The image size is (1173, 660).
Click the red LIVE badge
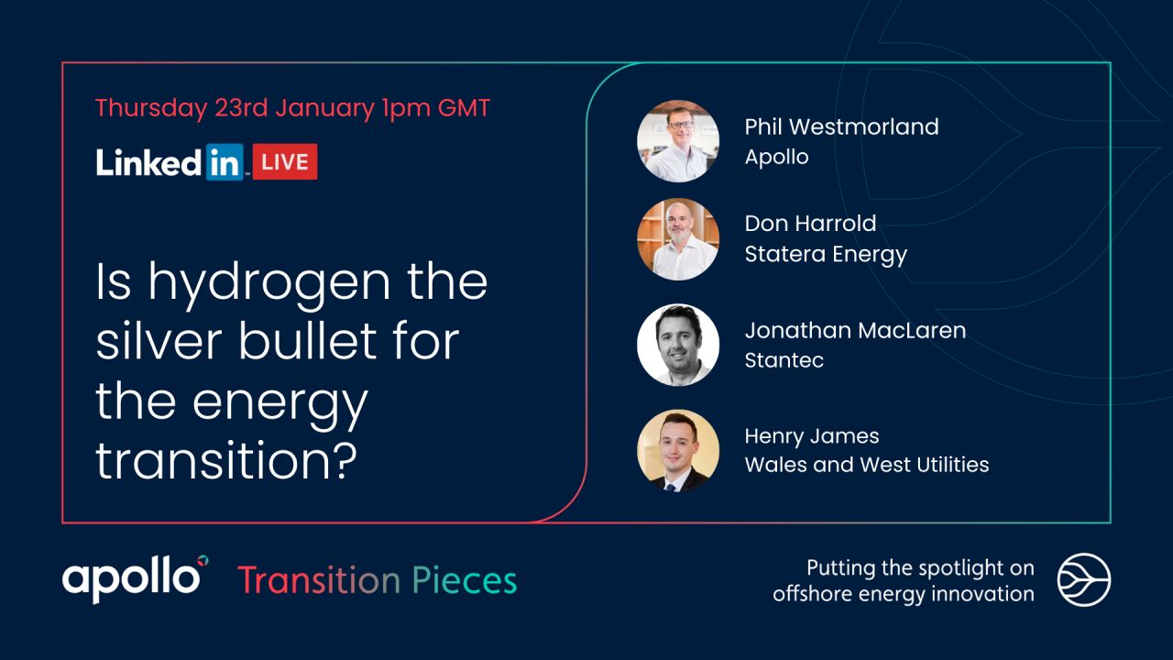click(x=285, y=161)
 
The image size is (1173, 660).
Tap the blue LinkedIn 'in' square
click(x=225, y=161)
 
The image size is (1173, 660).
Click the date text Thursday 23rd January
click(x=235, y=108)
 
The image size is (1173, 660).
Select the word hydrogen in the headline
click(x=272, y=282)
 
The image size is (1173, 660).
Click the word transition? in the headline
click(x=225, y=462)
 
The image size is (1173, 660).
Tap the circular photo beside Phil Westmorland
click(x=678, y=141)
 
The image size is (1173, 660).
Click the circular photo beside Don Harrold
click(x=678, y=239)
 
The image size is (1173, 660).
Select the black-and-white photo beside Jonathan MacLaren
click(x=678, y=345)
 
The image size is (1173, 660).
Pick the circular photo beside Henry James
click(x=678, y=450)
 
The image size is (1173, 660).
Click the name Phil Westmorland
click(x=841, y=126)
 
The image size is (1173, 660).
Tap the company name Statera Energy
click(x=826, y=253)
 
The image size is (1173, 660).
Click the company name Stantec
click(x=784, y=359)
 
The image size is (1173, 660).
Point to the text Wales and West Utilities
click(x=866, y=464)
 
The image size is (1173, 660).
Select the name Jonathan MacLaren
click(x=855, y=330)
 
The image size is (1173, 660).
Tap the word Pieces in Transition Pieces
click(x=464, y=580)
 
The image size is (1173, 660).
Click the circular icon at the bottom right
click(x=1084, y=580)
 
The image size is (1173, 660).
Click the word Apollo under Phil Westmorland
click(x=776, y=156)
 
